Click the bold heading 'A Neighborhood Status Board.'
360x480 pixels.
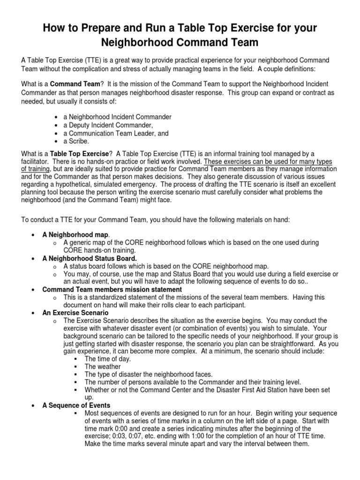pos(89,258)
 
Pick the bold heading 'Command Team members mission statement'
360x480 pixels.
pos(112,289)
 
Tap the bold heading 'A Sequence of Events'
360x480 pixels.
pos(76,405)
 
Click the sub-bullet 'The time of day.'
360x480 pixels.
pos(108,359)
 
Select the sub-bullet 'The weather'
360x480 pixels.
pos(102,367)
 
